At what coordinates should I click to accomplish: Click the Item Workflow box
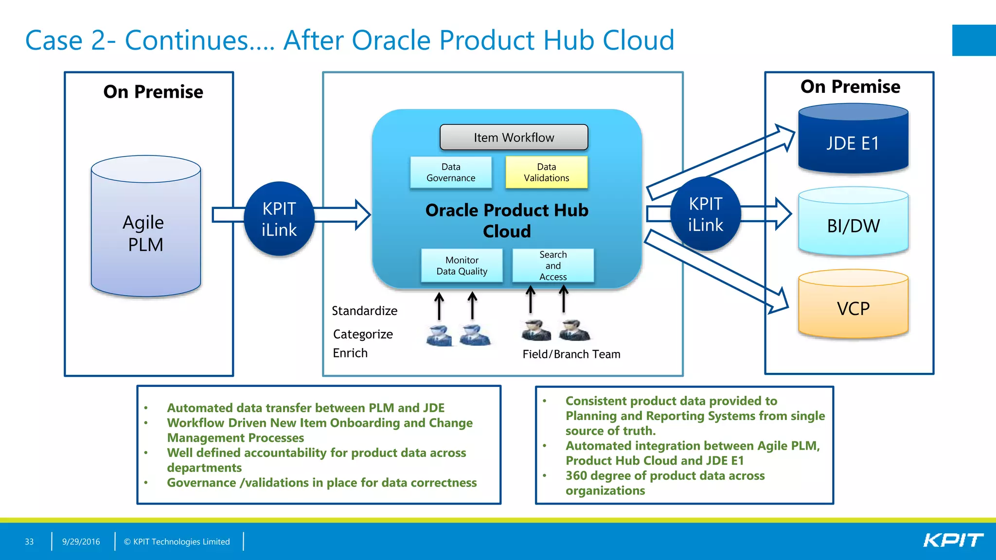[514, 138]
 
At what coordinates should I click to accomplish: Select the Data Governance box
[451, 173]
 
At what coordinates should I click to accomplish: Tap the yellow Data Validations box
[546, 173]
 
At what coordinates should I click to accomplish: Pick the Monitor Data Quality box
[462, 266]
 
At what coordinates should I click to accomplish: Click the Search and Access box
[553, 266]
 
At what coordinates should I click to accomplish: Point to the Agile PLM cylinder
[145, 233]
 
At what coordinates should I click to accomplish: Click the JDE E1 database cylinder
[853, 143]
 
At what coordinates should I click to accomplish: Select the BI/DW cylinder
[853, 226]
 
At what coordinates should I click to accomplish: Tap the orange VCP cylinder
[853, 308]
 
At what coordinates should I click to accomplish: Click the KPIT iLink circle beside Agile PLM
[279, 219]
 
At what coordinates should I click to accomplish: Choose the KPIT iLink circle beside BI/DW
[705, 214]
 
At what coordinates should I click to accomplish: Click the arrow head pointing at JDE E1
[784, 136]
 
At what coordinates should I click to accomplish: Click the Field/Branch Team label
[571, 354]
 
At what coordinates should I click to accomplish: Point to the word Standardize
[364, 311]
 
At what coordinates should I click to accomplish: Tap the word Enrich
[350, 353]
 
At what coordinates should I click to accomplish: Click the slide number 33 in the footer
[29, 542]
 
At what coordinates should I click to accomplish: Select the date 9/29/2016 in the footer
[81, 542]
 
